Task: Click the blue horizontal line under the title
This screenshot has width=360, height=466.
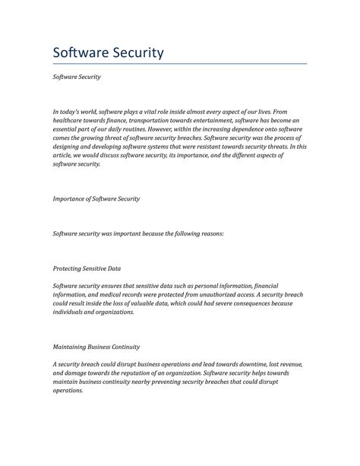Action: [x=179, y=64]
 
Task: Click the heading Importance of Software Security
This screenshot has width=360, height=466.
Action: [x=96, y=198]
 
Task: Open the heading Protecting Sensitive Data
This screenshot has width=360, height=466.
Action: [x=87, y=268]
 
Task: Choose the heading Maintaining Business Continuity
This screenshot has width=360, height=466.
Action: [x=96, y=347]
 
